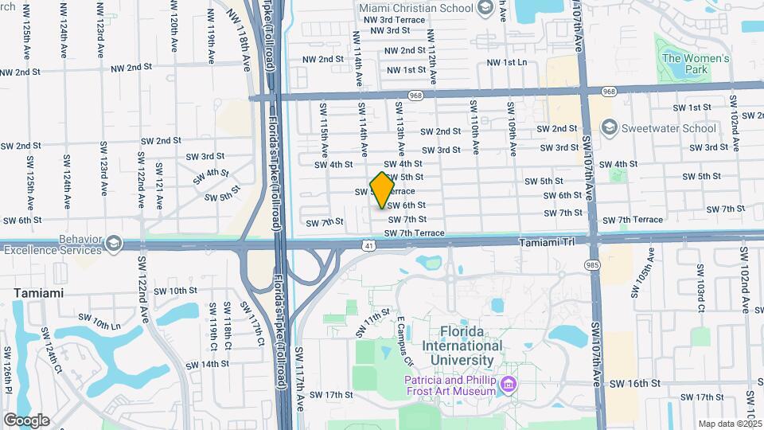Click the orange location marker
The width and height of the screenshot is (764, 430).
coord(383,190)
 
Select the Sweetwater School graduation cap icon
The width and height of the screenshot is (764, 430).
coord(610,127)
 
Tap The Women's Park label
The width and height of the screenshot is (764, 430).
coord(695,64)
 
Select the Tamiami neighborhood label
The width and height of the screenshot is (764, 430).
coord(38,293)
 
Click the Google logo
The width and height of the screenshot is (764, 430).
coord(26,420)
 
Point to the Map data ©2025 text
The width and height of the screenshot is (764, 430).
coord(729,424)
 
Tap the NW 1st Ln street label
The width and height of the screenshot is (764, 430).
coord(506,62)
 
